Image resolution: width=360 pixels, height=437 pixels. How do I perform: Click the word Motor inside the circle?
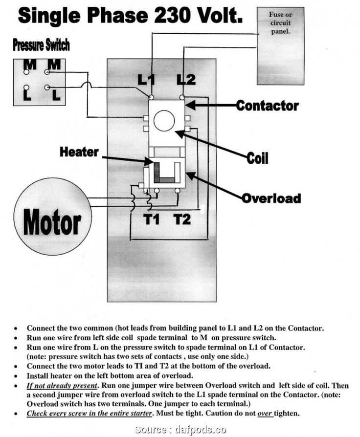pyautogui.click(x=52, y=222)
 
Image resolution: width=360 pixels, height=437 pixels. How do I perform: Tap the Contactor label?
pyautogui.click(x=267, y=105)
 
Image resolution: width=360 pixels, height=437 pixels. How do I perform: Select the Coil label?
pyautogui.click(x=257, y=158)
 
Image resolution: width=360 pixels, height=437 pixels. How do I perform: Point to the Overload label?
pyautogui.click(x=271, y=198)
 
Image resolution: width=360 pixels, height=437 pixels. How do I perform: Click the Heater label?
pyautogui.click(x=79, y=152)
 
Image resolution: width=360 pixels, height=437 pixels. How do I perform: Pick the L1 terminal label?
pyautogui.click(x=147, y=79)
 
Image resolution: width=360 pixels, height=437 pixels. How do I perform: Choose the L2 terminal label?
pyautogui.click(x=186, y=79)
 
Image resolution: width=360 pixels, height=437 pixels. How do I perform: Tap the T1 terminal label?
pyautogui.click(x=152, y=219)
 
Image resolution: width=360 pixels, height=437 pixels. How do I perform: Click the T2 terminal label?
pyautogui.click(x=182, y=219)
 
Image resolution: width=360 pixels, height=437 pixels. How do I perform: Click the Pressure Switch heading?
pyautogui.click(x=41, y=45)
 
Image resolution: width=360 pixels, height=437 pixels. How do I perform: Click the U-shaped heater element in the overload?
pyautogui.click(x=165, y=173)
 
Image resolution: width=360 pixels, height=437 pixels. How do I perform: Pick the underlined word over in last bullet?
pyautogui.click(x=265, y=413)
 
